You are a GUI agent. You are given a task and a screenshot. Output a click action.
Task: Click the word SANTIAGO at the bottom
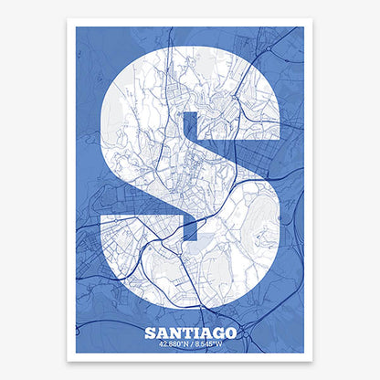(190, 333)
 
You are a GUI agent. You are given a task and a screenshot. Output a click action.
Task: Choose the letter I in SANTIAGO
(194, 333)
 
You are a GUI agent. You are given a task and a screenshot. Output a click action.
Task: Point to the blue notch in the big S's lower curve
(190, 219)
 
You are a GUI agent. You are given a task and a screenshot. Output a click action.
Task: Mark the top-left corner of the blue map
(77, 27)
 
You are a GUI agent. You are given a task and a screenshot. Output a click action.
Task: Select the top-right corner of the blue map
(303, 27)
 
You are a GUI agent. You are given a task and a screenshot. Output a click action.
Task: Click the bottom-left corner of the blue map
(77, 353)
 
